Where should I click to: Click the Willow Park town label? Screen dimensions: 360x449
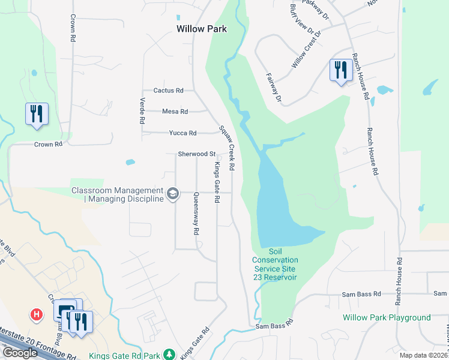(202, 28)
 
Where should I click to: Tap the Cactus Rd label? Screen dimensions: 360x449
(168, 91)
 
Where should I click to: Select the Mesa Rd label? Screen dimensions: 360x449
(175, 112)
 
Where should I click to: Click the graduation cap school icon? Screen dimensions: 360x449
(173, 193)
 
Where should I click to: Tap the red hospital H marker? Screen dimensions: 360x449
(37, 314)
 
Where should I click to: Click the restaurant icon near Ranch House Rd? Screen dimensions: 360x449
(340, 70)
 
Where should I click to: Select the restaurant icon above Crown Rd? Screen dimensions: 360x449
(37, 113)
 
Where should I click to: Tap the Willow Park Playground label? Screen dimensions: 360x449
(387, 317)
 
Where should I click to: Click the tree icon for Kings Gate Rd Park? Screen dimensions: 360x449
(170, 355)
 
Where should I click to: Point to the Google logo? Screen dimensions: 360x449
(20, 352)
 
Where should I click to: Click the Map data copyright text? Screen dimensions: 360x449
(424, 355)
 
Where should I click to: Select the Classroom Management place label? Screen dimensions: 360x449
(118, 194)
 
